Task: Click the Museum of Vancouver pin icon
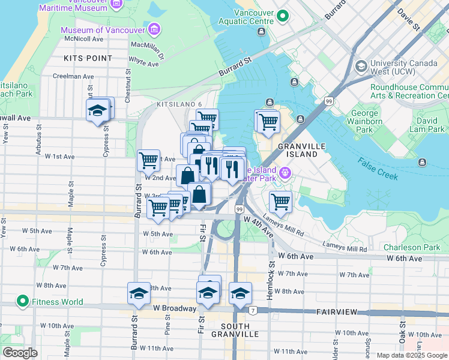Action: click(155, 29)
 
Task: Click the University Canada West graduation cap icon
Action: click(361, 65)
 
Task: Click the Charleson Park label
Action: click(412, 247)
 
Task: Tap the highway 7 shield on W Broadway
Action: click(253, 310)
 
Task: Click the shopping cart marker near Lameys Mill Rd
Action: click(280, 202)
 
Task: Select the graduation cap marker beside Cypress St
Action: click(97, 110)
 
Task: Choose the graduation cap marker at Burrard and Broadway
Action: click(139, 293)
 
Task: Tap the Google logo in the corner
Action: click(20, 353)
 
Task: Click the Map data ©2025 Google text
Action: click(412, 355)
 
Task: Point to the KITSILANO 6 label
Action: click(179, 104)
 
